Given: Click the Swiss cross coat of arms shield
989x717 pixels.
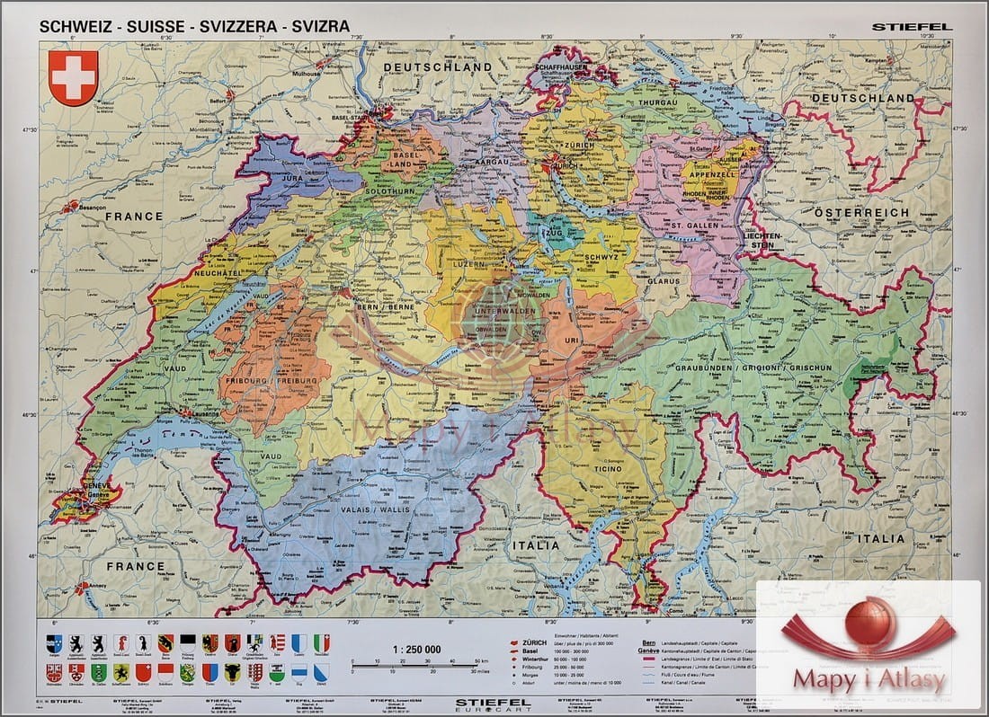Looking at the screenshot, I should point(73,77).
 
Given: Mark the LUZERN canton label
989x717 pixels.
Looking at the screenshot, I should point(468,265).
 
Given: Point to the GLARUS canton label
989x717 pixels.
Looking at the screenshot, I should point(662,280).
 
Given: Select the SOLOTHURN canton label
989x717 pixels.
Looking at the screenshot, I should point(392,191).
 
